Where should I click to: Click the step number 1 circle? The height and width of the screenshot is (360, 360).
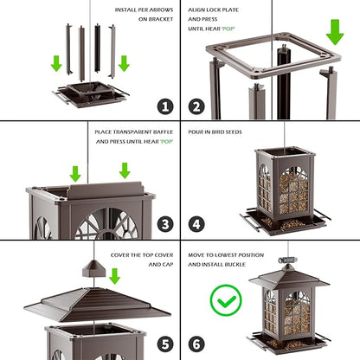165,106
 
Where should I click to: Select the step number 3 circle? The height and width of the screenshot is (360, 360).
165,225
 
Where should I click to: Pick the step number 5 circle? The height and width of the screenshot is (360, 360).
165,344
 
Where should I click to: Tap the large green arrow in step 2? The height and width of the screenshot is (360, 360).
335,33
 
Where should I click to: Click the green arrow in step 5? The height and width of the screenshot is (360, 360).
114,276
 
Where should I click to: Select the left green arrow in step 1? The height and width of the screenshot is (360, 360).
56,63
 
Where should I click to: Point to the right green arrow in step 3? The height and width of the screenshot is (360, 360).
124,170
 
